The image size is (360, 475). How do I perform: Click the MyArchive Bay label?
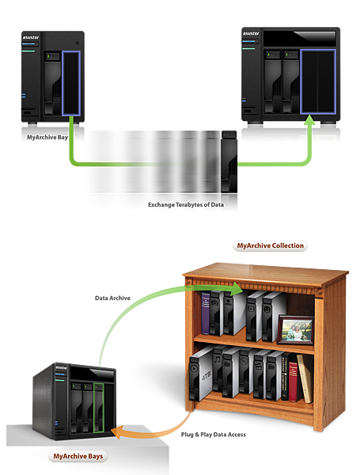(47, 137)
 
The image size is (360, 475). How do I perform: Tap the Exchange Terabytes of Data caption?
(186, 205)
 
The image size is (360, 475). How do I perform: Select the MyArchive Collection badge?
(270, 245)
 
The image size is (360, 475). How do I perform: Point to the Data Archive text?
(112, 298)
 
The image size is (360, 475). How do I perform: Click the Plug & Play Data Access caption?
(214, 435)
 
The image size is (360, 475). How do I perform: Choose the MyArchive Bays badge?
(78, 456)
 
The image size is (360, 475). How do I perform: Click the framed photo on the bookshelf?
(296, 330)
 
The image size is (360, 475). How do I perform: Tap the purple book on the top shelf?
(206, 313)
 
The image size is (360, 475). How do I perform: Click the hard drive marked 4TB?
(201, 374)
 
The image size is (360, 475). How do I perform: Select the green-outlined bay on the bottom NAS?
(99, 408)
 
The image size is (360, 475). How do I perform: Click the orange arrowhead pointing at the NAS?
(117, 432)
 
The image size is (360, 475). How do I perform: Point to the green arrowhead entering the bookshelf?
(237, 289)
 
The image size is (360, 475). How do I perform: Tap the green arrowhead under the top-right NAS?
(309, 120)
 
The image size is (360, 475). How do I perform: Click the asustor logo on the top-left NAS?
(31, 37)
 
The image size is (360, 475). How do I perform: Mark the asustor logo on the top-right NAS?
(251, 33)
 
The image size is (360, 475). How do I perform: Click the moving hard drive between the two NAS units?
(229, 161)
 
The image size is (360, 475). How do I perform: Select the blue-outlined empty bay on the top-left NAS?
(71, 83)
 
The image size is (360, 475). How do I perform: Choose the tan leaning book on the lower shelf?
(305, 378)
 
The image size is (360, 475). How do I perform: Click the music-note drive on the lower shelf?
(218, 369)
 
